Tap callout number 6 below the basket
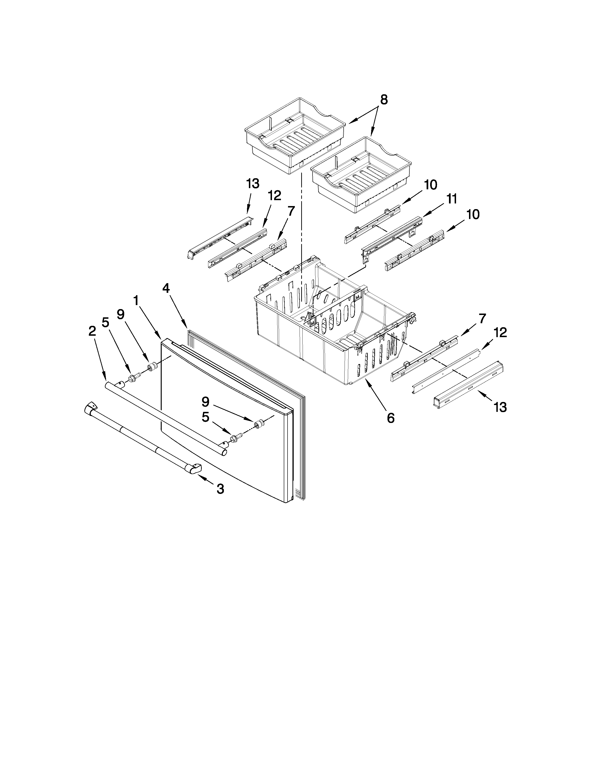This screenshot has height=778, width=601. pos(391,418)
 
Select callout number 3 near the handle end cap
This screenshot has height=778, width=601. pos(220,489)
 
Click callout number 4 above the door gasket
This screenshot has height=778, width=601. pos(166,289)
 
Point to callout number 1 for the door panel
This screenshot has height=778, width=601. pos(136,301)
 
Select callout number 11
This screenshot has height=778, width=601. pos(452,199)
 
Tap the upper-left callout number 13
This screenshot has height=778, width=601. pos(253,184)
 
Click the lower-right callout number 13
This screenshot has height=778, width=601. pos(500,407)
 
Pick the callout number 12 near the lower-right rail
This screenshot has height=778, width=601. pos(500,333)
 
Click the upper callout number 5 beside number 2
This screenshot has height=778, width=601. pos(105,322)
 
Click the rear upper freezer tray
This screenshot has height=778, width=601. pos(295,135)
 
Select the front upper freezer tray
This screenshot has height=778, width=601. pos(360,174)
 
